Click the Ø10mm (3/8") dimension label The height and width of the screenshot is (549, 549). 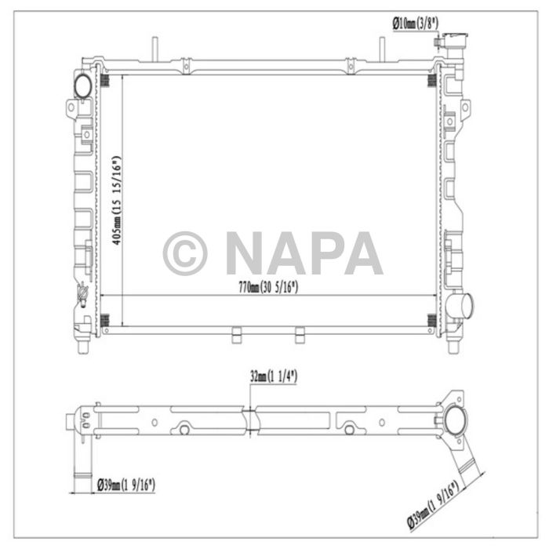(x=416, y=24)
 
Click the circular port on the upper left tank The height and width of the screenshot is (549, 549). (x=82, y=84)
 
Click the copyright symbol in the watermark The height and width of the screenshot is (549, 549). (x=185, y=253)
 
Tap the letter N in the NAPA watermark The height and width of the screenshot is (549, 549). (x=249, y=253)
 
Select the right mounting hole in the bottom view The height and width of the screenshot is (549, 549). (x=347, y=429)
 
